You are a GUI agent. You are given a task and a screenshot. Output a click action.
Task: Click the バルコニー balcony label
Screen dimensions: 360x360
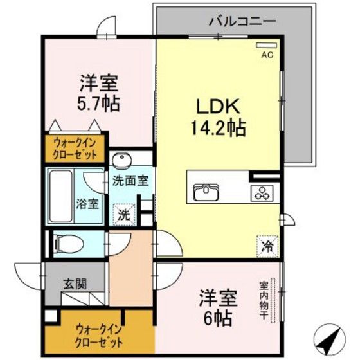tap(242, 21)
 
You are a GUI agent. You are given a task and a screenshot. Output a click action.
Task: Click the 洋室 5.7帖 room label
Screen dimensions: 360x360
tap(98, 93)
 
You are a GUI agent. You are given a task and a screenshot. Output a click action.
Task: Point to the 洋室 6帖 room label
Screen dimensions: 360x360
tap(217, 308)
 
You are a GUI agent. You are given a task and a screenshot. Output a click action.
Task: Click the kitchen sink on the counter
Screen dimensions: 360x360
tap(206, 190)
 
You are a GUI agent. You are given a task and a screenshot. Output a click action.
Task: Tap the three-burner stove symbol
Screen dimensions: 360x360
tap(262, 190)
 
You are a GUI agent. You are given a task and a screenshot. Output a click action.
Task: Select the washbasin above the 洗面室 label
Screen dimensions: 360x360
tap(120, 160)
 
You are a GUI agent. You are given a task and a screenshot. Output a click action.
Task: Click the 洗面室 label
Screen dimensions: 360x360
tap(130, 181)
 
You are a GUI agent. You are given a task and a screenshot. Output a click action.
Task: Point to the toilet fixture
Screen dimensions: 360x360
tap(68, 243)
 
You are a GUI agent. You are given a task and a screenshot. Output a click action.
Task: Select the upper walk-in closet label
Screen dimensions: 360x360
tap(76, 149)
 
